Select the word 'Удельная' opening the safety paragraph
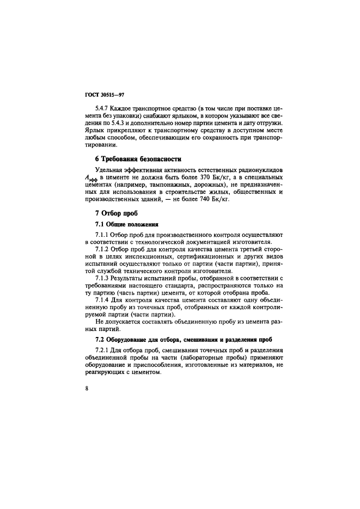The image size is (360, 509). pos(111,170)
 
